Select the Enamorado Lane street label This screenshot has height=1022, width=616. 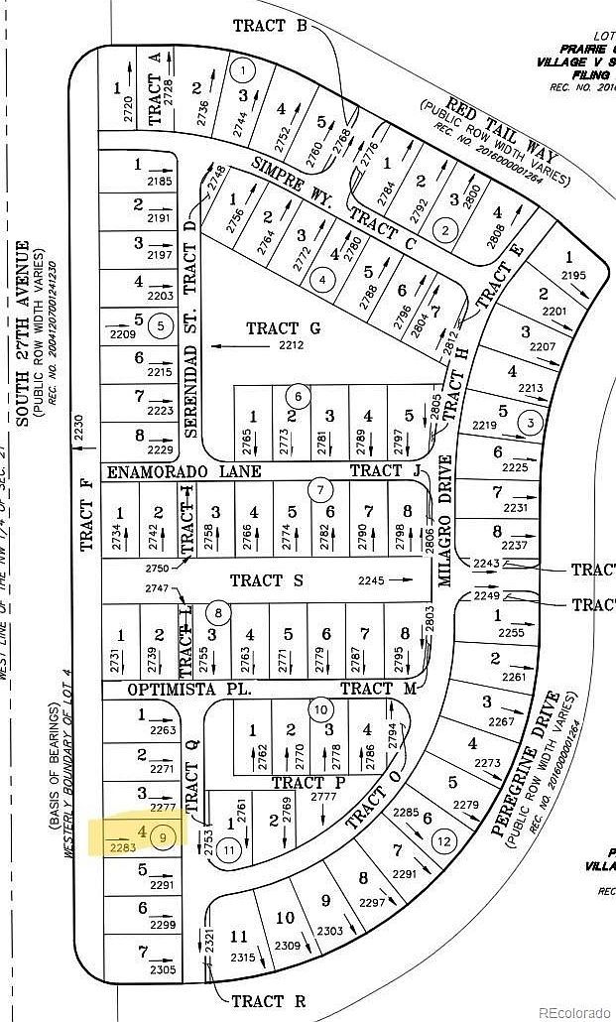tap(184, 471)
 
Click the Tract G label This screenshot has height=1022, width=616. tap(285, 327)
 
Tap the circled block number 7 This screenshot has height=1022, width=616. tap(319, 489)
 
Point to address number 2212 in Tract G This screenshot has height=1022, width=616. tap(291, 346)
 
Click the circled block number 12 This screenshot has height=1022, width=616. tap(444, 842)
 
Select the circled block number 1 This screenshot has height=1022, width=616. tap(242, 69)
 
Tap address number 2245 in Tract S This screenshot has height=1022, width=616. tap(370, 581)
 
